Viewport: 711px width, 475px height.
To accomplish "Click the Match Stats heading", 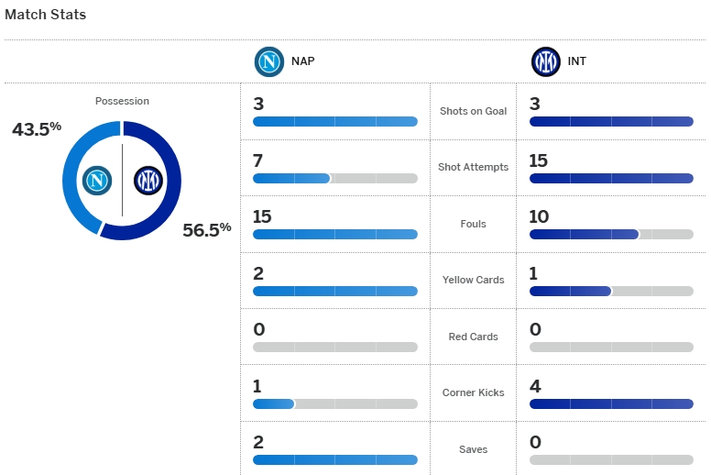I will click(46, 15).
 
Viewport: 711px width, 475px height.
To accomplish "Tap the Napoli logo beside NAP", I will click(268, 61).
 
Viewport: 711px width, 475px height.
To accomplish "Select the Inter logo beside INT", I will click(545, 61).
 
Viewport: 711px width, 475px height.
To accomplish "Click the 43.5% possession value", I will click(37, 129).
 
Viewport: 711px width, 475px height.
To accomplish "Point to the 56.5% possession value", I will click(206, 229).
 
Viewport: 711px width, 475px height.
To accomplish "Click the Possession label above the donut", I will click(122, 101).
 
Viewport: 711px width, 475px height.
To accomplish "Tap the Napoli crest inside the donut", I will click(96, 180).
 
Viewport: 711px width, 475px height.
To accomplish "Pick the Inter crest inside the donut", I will click(147, 180).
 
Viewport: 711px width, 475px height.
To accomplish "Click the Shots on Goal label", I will click(473, 111).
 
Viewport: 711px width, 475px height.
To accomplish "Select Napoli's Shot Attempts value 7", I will click(258, 160).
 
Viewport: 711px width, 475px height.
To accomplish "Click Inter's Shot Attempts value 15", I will click(539, 160).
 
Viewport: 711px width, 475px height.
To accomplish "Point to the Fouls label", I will click(473, 224).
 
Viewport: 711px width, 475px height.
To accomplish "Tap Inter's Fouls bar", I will click(611, 234).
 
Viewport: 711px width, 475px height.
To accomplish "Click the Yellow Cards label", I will click(473, 280).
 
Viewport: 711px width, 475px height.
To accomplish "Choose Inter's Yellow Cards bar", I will click(611, 291).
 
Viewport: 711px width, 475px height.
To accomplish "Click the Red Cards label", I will click(473, 337).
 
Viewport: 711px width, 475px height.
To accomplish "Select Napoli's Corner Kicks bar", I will click(334, 403).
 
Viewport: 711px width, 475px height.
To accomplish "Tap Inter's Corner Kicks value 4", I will click(535, 386).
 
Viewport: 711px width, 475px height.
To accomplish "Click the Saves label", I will click(473, 449).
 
